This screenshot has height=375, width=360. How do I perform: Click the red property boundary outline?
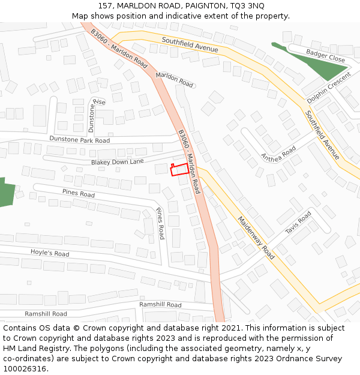click(x=179, y=170)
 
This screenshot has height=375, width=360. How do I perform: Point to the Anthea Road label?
click(x=278, y=154)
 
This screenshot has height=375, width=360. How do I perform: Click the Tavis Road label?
click(x=298, y=223)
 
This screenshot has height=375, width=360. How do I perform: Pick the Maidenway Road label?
click(x=256, y=238)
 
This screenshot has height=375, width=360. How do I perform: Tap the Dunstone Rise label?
click(x=96, y=114)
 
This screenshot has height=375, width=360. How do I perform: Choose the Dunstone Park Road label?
click(x=80, y=140)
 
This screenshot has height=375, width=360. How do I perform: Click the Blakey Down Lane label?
click(x=118, y=162)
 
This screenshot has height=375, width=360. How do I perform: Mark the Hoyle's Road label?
click(x=50, y=253)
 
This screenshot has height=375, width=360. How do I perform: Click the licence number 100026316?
click(x=25, y=369)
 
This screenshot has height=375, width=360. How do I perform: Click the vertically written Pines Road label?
click(x=160, y=224)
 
